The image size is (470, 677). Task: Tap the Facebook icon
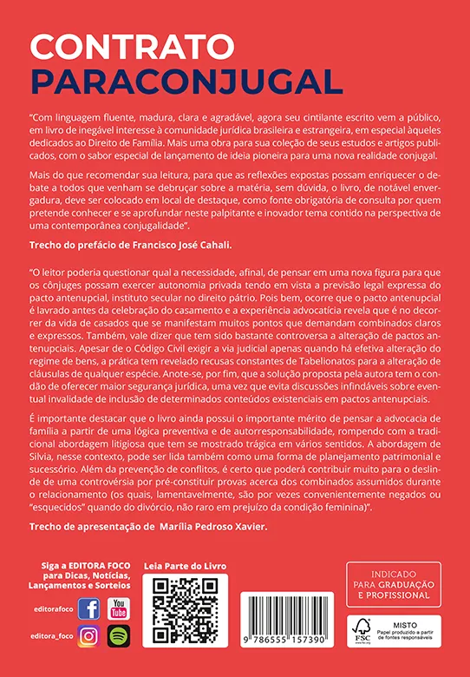tap(88, 608)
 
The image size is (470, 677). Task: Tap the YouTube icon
tap(118, 608)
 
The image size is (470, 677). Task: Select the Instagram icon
tap(88, 636)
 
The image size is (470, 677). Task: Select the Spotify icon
tap(118, 636)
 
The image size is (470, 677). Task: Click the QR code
tap(184, 612)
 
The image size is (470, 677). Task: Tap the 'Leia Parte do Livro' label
tap(184, 566)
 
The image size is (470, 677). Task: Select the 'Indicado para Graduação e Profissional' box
tap(393, 583)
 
